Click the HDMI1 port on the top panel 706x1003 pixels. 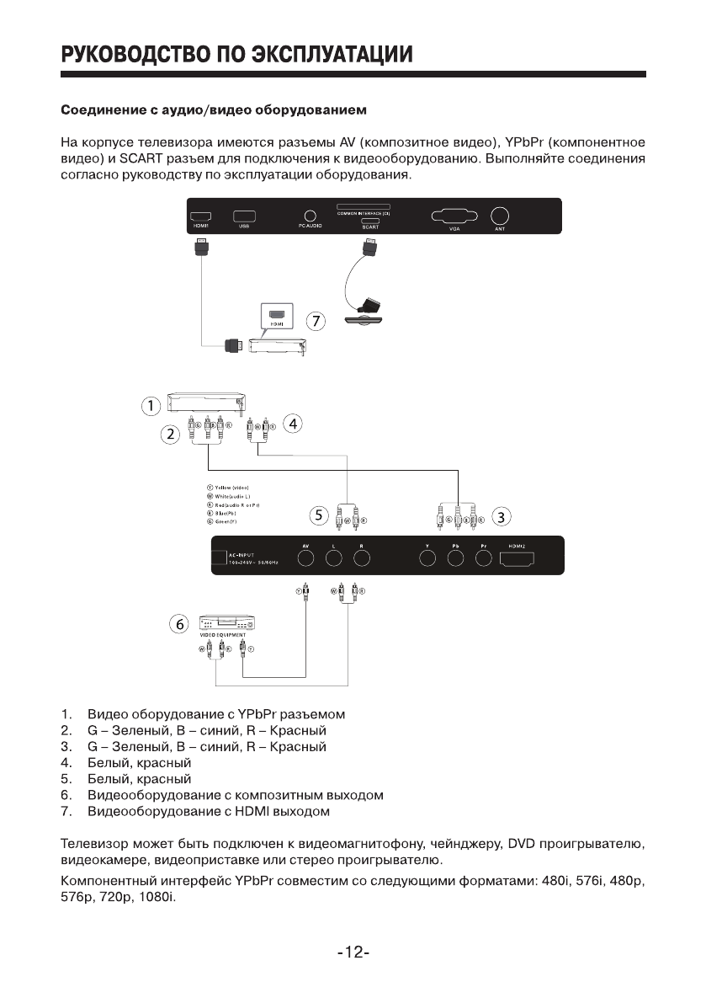pos(200,216)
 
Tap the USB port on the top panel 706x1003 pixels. pos(244,216)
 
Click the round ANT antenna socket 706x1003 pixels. pos(501,216)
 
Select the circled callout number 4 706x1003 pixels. pos(292,424)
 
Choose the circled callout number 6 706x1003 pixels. pos(179,624)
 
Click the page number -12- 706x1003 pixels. pos(353,952)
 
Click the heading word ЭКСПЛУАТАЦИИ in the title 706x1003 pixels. pos(332,55)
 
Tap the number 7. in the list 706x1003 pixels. pos(67,811)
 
